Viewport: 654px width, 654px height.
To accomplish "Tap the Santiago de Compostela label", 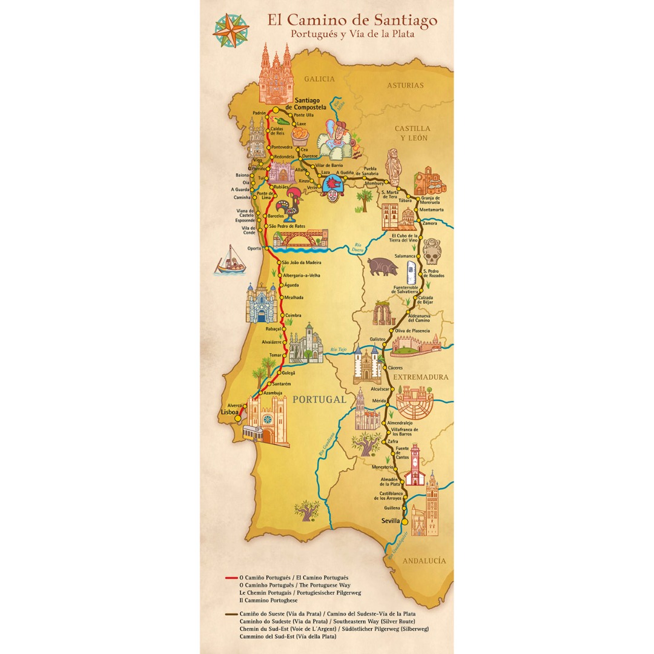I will coord(309,104).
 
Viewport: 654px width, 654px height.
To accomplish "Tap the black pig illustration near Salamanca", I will coord(381,266).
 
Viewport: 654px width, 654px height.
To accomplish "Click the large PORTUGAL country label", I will coord(319,400).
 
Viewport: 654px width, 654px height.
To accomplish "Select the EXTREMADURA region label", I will coord(421,377).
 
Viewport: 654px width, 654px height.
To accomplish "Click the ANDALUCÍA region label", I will coord(424,561).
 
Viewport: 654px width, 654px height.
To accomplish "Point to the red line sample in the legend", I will coord(231,578).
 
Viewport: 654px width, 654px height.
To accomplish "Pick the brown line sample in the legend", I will coord(231,615).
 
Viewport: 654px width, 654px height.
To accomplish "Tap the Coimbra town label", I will coord(293,315).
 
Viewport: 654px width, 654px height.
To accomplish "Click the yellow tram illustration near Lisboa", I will coord(258,432).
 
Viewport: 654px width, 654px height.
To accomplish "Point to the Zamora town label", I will coord(430,223).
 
